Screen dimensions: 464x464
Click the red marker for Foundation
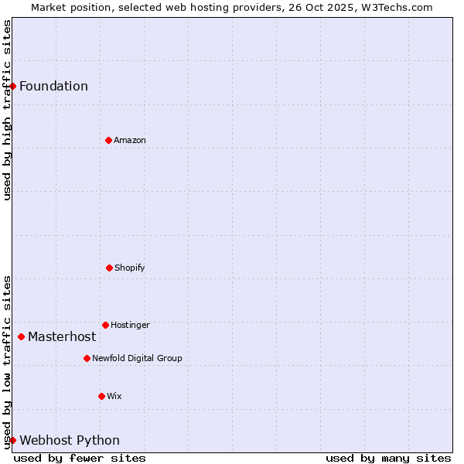tap(12, 86)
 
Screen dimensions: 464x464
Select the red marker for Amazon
tap(108, 140)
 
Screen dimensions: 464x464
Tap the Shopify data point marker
tap(109, 268)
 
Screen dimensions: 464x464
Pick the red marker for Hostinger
tap(105, 325)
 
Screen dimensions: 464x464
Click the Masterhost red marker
tap(21, 336)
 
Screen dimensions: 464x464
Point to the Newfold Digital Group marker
tap(87, 358)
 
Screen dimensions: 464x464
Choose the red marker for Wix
tap(101, 396)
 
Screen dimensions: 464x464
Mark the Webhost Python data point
tap(12, 440)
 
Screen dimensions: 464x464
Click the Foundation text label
tap(53, 86)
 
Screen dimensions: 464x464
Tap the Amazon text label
tap(130, 140)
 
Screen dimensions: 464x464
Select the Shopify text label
tap(130, 268)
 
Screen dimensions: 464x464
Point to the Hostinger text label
tap(130, 325)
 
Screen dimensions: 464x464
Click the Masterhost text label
tap(62, 336)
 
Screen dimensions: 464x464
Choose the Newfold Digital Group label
tap(137, 358)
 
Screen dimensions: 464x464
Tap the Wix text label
tap(114, 396)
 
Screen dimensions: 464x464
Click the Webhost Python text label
tap(70, 440)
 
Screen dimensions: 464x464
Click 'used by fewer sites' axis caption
tap(80, 458)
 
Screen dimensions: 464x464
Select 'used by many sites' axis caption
tap(388, 458)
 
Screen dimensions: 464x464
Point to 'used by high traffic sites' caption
tap(7, 110)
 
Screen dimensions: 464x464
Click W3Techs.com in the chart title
tap(395, 7)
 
